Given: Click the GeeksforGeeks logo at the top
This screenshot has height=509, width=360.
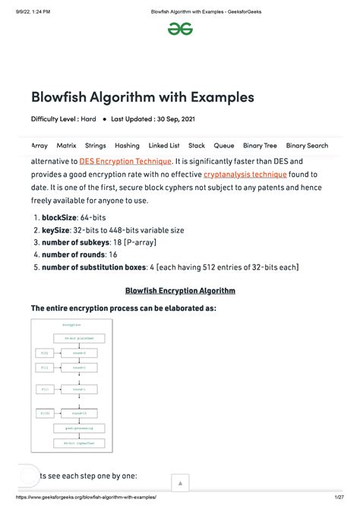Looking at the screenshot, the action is pos(180,28).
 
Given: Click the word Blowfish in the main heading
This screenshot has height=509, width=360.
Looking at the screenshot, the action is pos(61,97).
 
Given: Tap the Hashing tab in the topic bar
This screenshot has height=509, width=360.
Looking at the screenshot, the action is pos(127,145).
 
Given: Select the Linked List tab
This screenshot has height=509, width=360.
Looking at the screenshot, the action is pos(163,145).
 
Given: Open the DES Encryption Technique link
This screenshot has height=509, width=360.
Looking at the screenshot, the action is pos(125,161).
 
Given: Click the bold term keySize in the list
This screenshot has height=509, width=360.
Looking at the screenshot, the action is pos(57,229).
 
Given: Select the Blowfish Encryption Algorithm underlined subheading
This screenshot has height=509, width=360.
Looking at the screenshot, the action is pos(180,290).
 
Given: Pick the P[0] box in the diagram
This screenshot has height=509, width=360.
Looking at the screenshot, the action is pos(43,353).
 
